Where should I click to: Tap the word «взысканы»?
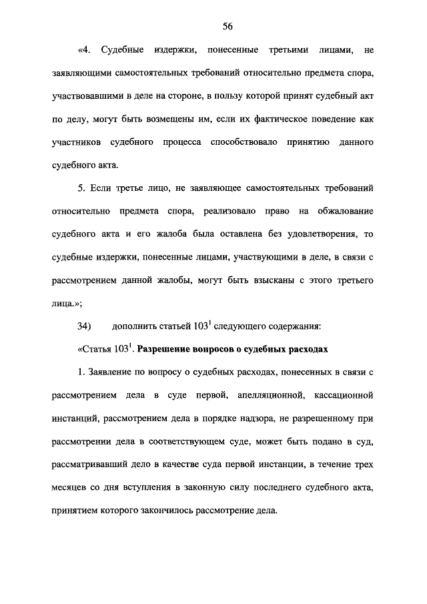coord(260,281)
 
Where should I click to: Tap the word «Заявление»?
coord(103,372)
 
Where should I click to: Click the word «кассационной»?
coord(343,395)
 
